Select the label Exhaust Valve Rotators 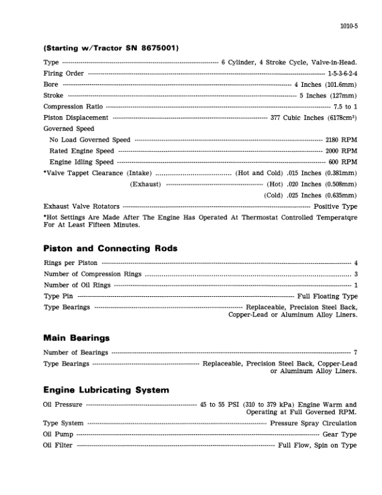[x=81, y=206]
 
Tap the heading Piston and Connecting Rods [x=110, y=248]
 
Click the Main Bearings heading [x=76, y=338]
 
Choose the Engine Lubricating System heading [x=106, y=390]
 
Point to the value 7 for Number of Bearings [x=355, y=352]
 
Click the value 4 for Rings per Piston [x=355, y=263]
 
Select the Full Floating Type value [x=327, y=296]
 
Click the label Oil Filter [x=57, y=445]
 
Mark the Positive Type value [x=335, y=206]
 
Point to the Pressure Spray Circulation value [x=313, y=423]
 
